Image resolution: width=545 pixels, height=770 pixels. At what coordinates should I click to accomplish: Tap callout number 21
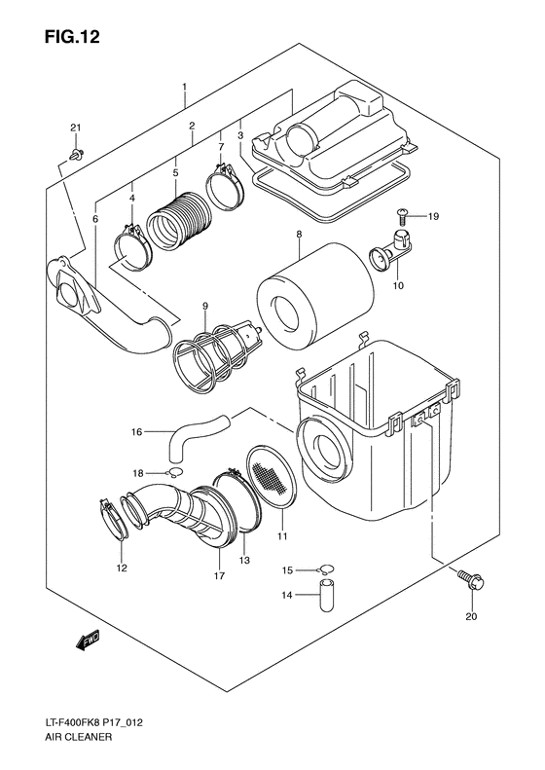[x=76, y=129]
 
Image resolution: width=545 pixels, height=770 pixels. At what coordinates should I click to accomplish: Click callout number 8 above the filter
[x=300, y=235]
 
